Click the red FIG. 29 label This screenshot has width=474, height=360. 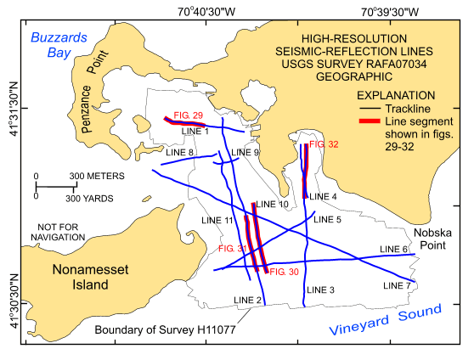[188, 115]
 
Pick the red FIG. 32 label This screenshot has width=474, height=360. [324, 145]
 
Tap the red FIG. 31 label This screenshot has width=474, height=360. [231, 249]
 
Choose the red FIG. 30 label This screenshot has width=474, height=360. [283, 272]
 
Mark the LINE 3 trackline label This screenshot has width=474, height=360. [320, 290]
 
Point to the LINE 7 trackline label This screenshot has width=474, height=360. [396, 285]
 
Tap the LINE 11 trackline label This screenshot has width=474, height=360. [217, 220]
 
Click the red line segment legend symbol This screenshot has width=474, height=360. [368, 122]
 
